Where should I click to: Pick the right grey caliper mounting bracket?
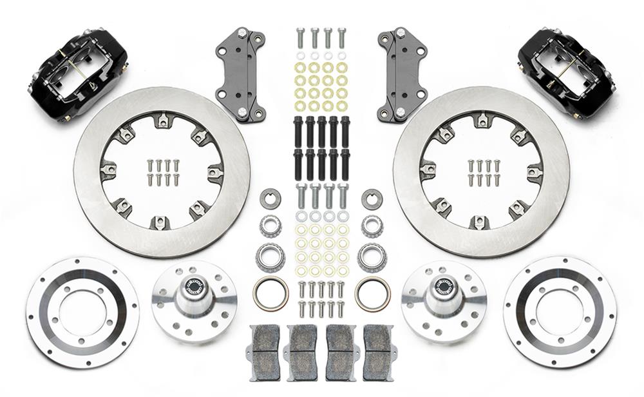pos(402,74)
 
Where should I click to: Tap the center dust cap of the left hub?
pos(193,287)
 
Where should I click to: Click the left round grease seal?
pos(270,293)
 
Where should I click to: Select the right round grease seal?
pos(372,293)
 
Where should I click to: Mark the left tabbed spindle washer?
pos(270,198)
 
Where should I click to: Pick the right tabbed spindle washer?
pos(372,198)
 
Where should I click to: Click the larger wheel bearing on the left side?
pos(270,257)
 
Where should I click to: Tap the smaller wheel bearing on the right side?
pos(372,226)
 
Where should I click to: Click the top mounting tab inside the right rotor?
pos(481,120)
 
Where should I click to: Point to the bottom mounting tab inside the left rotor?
pos(160,222)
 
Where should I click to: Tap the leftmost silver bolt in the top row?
pos(300,37)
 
